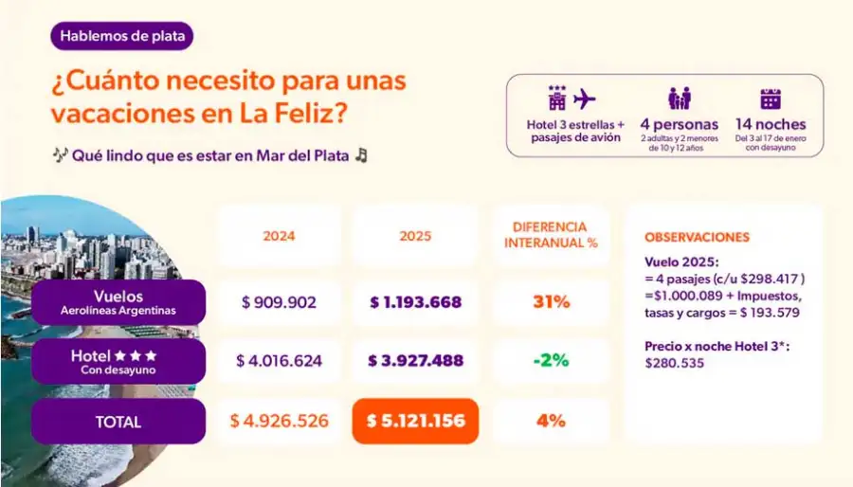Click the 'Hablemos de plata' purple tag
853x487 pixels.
(x=123, y=37)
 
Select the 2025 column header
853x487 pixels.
(x=415, y=236)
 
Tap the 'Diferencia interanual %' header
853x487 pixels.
(x=551, y=235)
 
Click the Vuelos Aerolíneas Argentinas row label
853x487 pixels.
(x=119, y=302)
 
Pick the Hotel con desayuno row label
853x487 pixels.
(x=119, y=362)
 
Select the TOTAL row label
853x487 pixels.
(x=119, y=422)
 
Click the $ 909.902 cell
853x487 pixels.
(x=278, y=303)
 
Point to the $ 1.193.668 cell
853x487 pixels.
(x=415, y=303)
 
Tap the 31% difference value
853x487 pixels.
(x=551, y=303)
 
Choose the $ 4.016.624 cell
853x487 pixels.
(x=278, y=361)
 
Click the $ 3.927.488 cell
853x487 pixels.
(x=415, y=361)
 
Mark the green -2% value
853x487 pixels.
(x=551, y=361)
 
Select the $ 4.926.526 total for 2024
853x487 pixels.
(x=278, y=421)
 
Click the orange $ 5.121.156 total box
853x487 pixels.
(x=415, y=421)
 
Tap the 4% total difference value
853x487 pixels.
(x=551, y=421)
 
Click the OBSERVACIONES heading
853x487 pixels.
(x=697, y=238)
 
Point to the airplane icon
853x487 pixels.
(x=585, y=99)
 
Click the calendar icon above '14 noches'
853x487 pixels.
(x=771, y=99)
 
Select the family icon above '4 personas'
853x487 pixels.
(x=679, y=99)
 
